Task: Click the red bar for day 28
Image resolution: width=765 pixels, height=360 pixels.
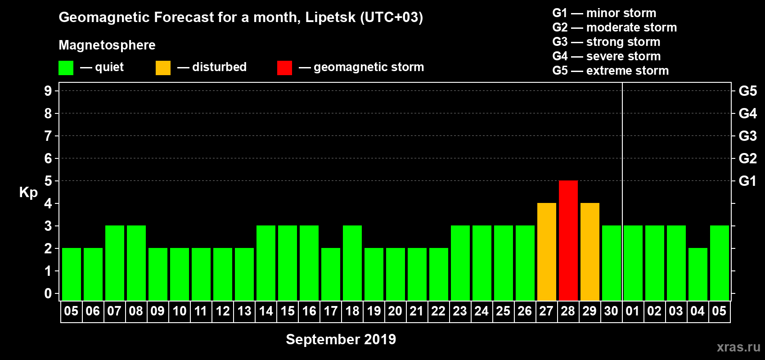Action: click(x=568, y=240)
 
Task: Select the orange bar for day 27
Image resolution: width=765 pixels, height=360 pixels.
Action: click(x=547, y=252)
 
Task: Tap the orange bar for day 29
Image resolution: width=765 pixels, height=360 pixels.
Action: click(x=590, y=252)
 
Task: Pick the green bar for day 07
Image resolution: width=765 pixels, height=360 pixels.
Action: click(x=115, y=263)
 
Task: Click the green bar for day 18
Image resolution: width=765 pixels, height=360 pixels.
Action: click(x=352, y=263)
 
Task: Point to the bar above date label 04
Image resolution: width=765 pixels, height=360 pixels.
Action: click(x=698, y=274)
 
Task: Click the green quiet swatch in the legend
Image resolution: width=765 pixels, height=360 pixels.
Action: click(x=66, y=68)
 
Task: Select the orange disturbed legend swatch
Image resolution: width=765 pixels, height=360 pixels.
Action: click(x=163, y=68)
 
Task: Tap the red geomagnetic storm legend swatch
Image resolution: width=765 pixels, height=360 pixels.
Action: click(x=284, y=68)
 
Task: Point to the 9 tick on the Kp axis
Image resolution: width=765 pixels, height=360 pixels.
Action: click(x=48, y=91)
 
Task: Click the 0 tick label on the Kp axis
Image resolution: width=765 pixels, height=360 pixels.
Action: click(x=48, y=293)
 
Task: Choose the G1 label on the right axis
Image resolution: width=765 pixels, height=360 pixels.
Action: click(x=747, y=181)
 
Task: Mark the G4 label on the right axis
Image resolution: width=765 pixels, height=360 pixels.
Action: click(x=747, y=113)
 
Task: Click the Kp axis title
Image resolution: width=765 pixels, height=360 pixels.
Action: click(x=28, y=193)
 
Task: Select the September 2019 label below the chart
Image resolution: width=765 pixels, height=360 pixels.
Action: click(x=341, y=339)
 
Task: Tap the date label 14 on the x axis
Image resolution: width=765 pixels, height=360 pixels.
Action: click(x=266, y=311)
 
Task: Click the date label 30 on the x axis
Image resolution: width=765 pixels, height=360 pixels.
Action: click(x=611, y=311)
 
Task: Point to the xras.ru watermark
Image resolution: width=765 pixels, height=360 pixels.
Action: click(x=738, y=347)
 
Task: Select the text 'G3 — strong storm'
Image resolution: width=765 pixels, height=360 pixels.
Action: click(x=606, y=42)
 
